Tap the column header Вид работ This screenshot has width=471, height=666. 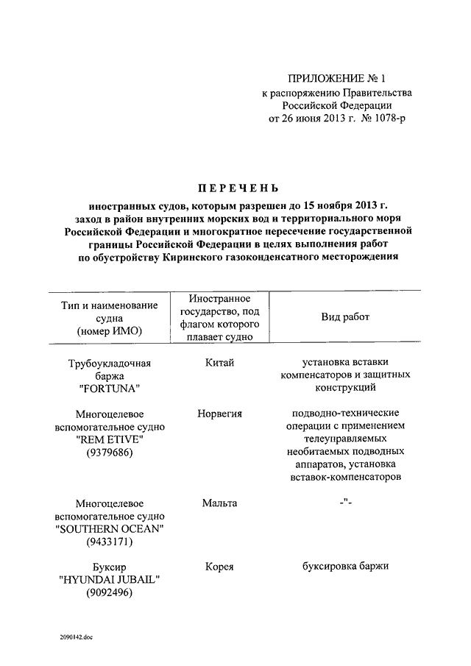[x=345, y=317]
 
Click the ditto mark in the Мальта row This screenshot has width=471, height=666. [x=344, y=503]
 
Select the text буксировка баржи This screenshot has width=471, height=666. [x=344, y=567]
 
